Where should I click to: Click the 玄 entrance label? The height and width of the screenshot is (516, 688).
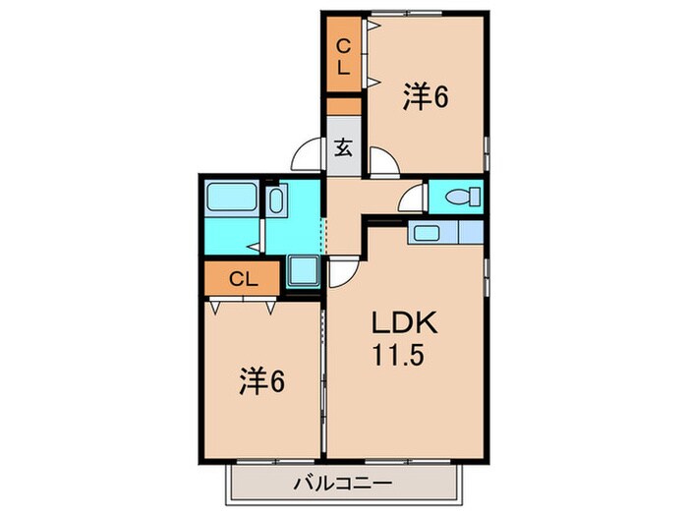tap(344, 148)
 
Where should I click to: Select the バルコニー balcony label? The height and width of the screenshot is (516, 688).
tap(344, 484)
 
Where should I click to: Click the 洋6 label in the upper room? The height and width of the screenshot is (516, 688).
tap(426, 98)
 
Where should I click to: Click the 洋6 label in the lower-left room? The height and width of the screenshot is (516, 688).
tap(262, 382)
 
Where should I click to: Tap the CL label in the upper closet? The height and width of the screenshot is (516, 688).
tap(344, 57)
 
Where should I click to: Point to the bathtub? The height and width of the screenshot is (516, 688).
tap(232, 201)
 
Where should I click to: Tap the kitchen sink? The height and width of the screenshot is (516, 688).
tap(427, 234)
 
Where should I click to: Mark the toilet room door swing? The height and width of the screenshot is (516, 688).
tap(413, 197)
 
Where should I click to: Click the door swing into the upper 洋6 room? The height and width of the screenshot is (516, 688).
tap(382, 160)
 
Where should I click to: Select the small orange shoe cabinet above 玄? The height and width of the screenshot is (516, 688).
tap(344, 106)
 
